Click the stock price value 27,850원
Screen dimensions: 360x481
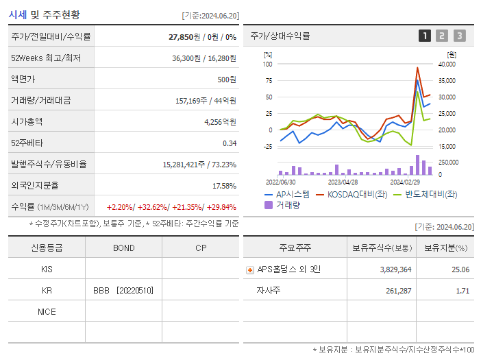(184, 36)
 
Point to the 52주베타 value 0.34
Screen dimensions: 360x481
(229, 143)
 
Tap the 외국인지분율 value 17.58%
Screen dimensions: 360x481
(224, 185)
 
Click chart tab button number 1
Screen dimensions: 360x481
(425, 36)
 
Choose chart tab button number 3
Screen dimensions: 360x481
(459, 36)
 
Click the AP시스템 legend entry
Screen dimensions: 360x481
(287, 195)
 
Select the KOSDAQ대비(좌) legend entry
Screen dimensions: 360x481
(350, 195)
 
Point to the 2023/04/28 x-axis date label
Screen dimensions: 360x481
(343, 182)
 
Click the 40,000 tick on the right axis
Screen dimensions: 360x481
(446, 64)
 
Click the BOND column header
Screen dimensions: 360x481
(123, 248)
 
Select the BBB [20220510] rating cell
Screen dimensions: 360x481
(123, 290)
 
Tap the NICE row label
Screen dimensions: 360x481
(47, 311)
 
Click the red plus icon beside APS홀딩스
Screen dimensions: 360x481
(249, 269)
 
